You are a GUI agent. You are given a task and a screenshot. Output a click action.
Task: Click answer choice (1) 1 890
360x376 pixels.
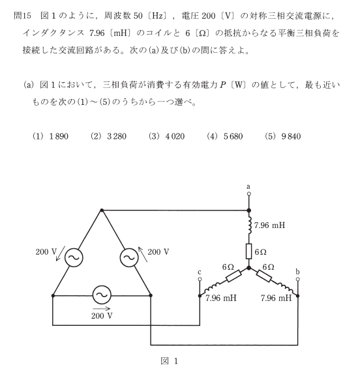(50, 136)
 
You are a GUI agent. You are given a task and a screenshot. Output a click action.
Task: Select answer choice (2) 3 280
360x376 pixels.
(108, 136)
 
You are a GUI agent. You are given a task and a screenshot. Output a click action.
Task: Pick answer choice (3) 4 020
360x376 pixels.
(167, 136)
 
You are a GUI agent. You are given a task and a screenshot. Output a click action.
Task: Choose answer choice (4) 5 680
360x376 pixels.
(225, 136)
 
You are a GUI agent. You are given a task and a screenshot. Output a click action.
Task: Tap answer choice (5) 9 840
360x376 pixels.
(283, 136)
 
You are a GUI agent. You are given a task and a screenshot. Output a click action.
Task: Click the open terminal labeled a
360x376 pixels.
(249, 194)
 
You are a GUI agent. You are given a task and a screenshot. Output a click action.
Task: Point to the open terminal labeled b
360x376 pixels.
(298, 279)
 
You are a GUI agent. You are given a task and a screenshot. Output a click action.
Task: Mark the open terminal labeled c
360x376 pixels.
(200, 279)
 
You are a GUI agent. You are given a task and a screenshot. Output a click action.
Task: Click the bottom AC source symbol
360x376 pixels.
(102, 295)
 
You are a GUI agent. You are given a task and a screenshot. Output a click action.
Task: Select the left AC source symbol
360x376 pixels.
(74, 257)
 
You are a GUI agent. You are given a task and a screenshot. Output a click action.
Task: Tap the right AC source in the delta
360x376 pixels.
(129, 257)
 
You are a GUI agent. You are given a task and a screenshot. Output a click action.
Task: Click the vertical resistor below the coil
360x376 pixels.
(249, 251)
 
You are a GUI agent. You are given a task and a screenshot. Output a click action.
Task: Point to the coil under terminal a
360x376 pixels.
(250, 225)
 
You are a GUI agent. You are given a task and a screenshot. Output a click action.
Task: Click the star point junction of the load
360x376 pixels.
(249, 268)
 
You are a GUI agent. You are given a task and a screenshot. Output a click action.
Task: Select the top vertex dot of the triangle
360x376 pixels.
(102, 210)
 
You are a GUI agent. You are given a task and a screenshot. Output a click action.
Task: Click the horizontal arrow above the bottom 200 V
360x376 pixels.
(101, 309)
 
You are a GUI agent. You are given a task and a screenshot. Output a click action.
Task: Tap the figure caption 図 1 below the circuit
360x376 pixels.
(170, 361)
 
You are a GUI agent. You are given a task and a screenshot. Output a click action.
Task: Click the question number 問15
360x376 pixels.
(22, 16)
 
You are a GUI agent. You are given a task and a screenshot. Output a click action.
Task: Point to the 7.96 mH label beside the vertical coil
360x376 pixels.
(269, 225)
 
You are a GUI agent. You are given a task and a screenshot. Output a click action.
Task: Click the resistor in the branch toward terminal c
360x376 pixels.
(233, 276)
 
